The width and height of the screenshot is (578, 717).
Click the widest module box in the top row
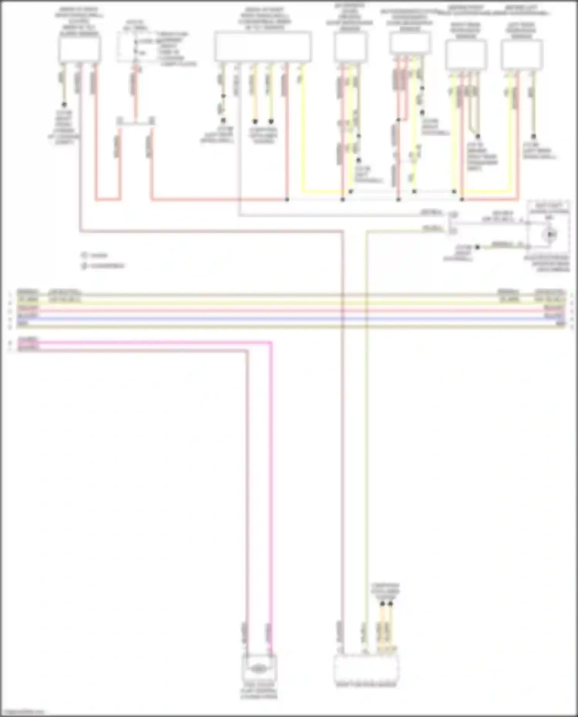pyautogui.click(x=263, y=47)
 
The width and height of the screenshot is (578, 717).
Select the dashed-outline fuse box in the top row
pyautogui.click(x=135, y=47)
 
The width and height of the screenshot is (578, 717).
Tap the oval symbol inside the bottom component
pyautogui.click(x=259, y=669)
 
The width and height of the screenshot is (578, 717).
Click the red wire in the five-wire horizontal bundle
pyautogui.click(x=289, y=310)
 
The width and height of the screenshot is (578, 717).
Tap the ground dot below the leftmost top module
pyautogui.click(x=64, y=104)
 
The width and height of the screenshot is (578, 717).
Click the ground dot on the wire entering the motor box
pyautogui.click(x=477, y=247)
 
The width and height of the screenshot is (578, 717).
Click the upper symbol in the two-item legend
pyautogui.click(x=84, y=255)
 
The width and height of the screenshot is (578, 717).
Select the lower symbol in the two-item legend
pyautogui.click(x=84, y=266)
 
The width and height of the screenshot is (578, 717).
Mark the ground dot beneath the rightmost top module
pyautogui.click(x=534, y=136)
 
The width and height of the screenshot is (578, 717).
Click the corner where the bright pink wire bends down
pyautogui.click(x=271, y=342)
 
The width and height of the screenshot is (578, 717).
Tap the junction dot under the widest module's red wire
pyautogui.click(x=287, y=200)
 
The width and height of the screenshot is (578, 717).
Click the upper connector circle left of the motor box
pyautogui.click(x=454, y=215)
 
